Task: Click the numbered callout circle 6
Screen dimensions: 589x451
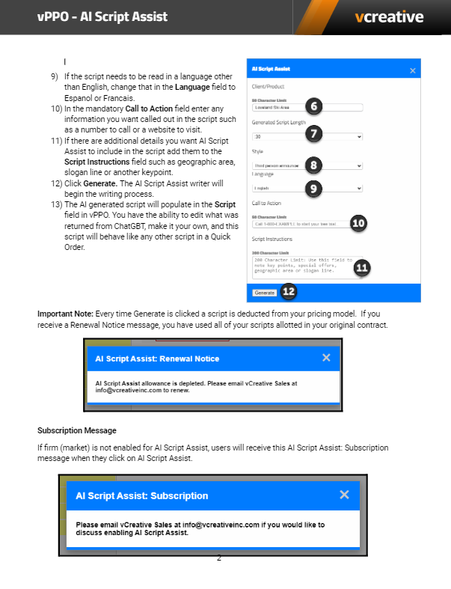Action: [315, 106]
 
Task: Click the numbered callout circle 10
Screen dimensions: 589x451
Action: [359, 222]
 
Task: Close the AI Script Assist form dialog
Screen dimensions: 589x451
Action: [412, 70]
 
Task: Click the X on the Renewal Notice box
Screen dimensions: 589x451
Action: [326, 358]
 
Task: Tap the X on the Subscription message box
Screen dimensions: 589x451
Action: [344, 494]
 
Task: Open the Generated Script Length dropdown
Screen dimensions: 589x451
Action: [307, 137]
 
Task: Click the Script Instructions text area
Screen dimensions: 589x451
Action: [299, 267]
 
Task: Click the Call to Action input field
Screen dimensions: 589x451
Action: [299, 223]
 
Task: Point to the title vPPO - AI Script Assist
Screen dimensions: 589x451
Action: [102, 16]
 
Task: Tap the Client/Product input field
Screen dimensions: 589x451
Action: [299, 107]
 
